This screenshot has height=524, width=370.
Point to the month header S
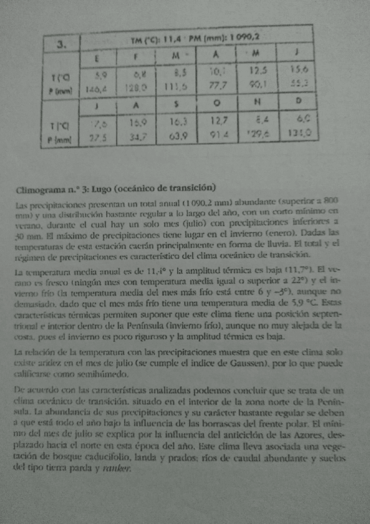[x=177, y=102]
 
